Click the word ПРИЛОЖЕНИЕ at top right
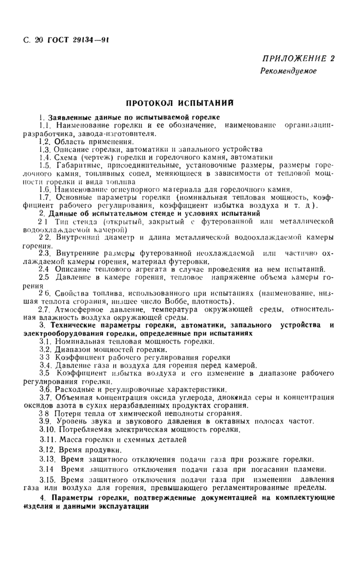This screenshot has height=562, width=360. (x=291, y=58)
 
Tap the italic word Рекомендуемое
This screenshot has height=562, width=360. (x=288, y=71)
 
